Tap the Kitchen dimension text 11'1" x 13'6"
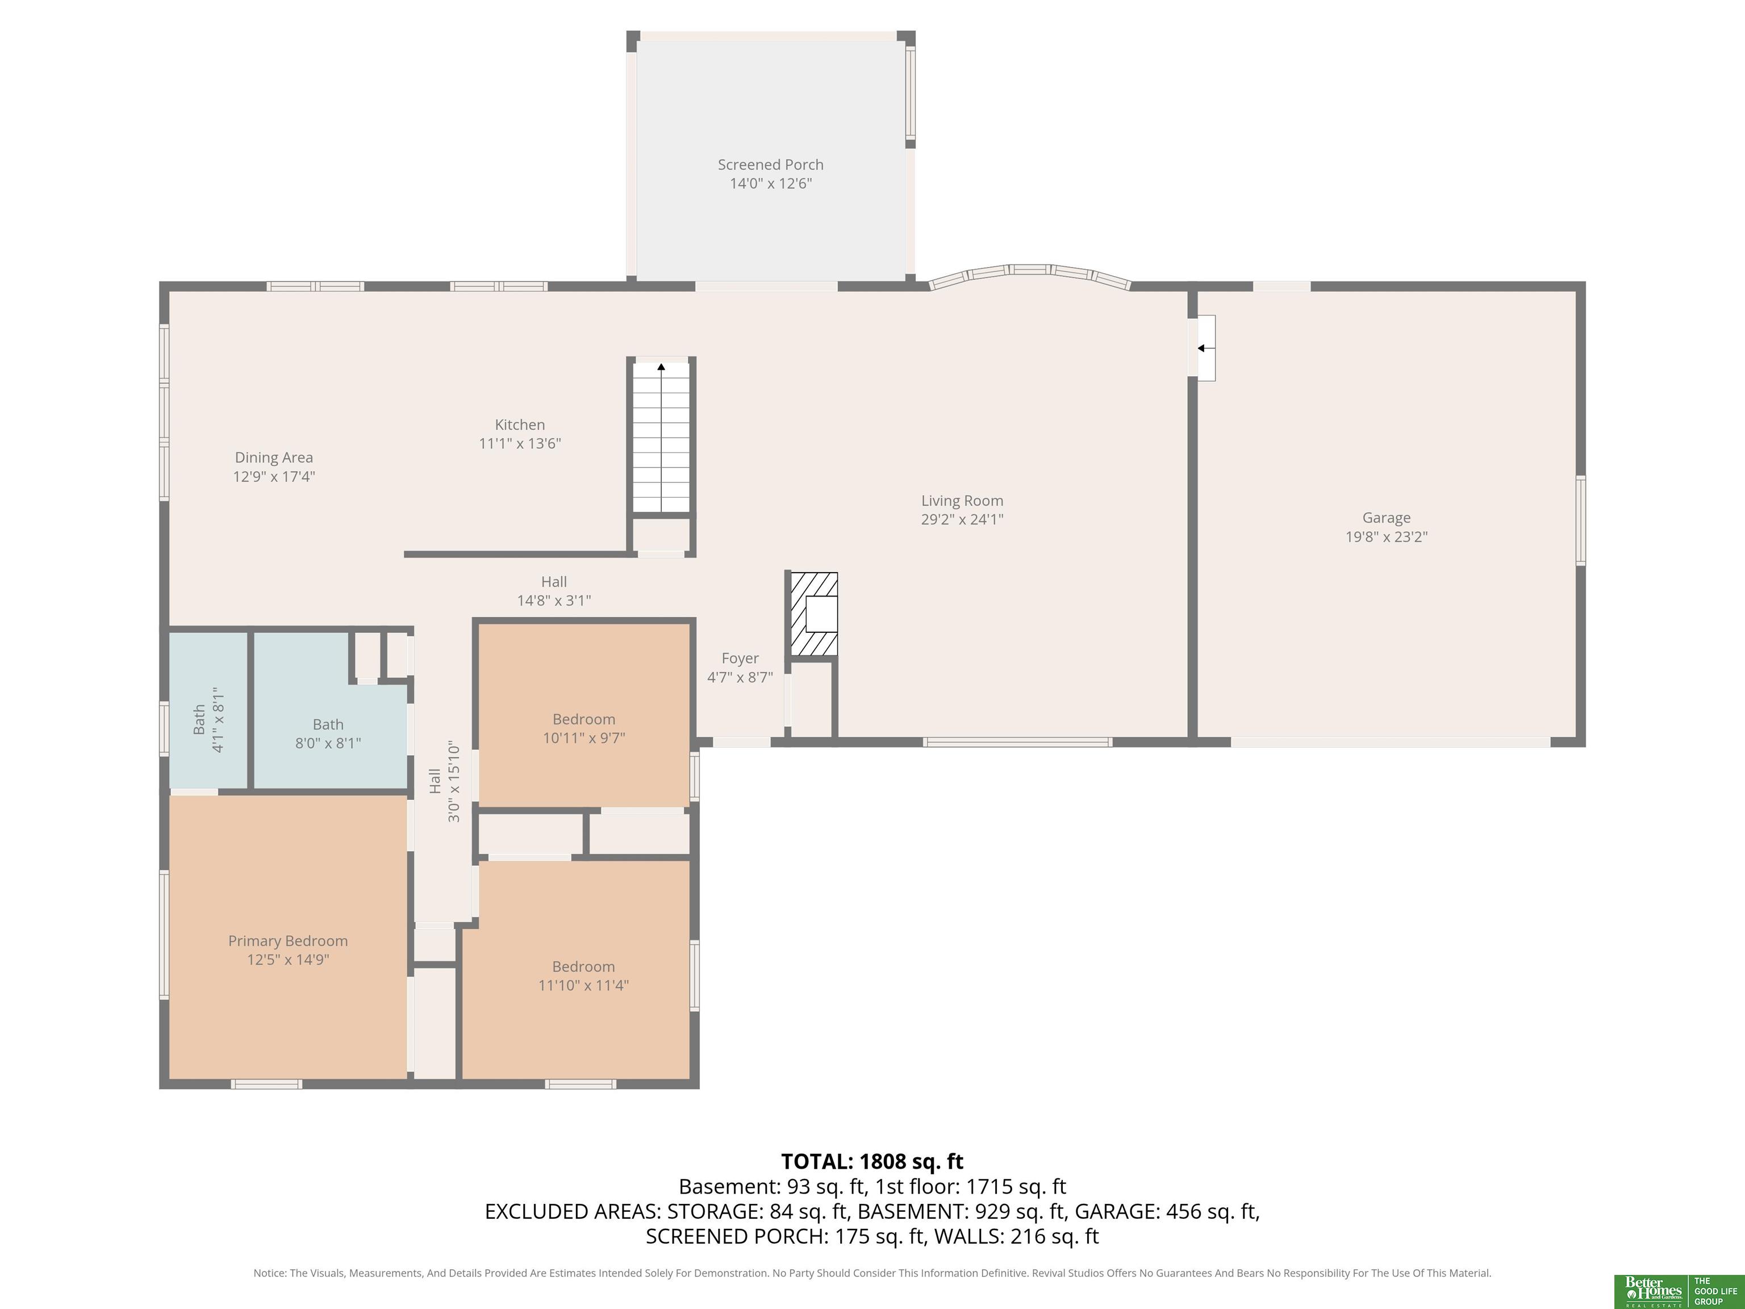point(520,443)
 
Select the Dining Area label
point(274,457)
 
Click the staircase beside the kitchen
point(662,438)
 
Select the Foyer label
point(740,658)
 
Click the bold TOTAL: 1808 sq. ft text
point(872,1161)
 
